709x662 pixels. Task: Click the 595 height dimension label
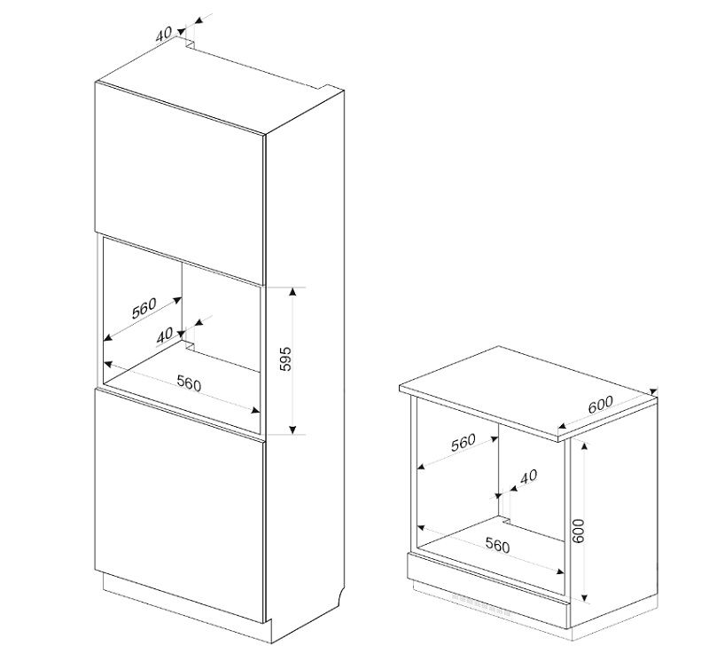pyautogui.click(x=285, y=359)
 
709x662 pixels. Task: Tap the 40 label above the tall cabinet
pyautogui.click(x=164, y=34)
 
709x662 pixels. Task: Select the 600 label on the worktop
pyautogui.click(x=601, y=405)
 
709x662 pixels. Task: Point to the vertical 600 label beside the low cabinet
pyautogui.click(x=579, y=531)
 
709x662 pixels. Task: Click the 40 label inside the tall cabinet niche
pyautogui.click(x=165, y=335)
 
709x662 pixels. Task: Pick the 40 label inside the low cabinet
pyautogui.click(x=528, y=477)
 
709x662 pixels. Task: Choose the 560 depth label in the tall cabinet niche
pyautogui.click(x=144, y=308)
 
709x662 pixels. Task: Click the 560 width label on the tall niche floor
pyautogui.click(x=189, y=383)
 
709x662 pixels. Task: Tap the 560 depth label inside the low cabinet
pyautogui.click(x=464, y=442)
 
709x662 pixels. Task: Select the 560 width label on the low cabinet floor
pyautogui.click(x=497, y=545)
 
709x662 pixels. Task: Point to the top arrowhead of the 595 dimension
pyautogui.click(x=292, y=292)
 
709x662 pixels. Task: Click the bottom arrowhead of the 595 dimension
pyautogui.click(x=292, y=430)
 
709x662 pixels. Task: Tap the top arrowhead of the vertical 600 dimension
pyautogui.click(x=584, y=447)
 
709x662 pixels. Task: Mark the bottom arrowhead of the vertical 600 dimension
pyautogui.click(x=584, y=596)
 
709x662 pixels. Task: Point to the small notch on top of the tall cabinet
pyautogui.click(x=191, y=43)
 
